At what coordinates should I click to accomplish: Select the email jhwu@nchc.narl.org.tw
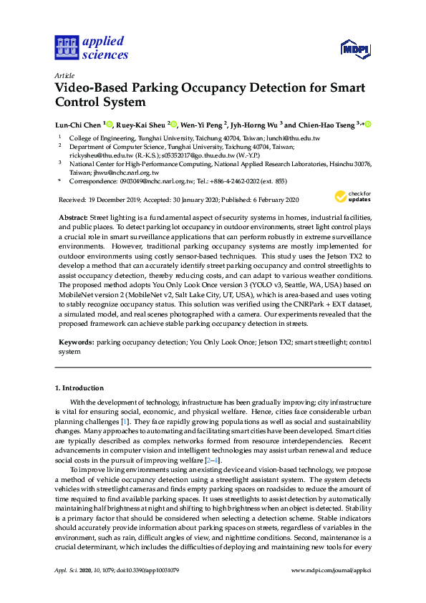(127, 173)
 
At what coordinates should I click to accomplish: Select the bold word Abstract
(71, 217)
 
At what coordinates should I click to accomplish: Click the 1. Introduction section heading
(79, 388)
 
